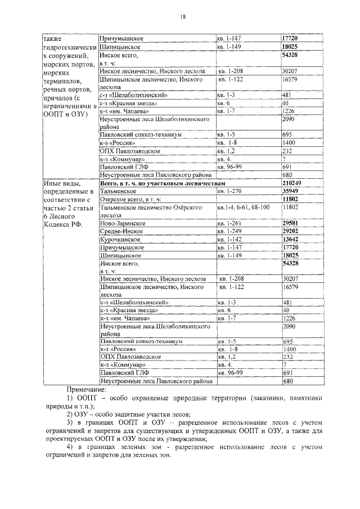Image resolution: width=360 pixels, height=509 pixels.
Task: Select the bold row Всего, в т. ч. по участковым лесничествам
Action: (x=162, y=183)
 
